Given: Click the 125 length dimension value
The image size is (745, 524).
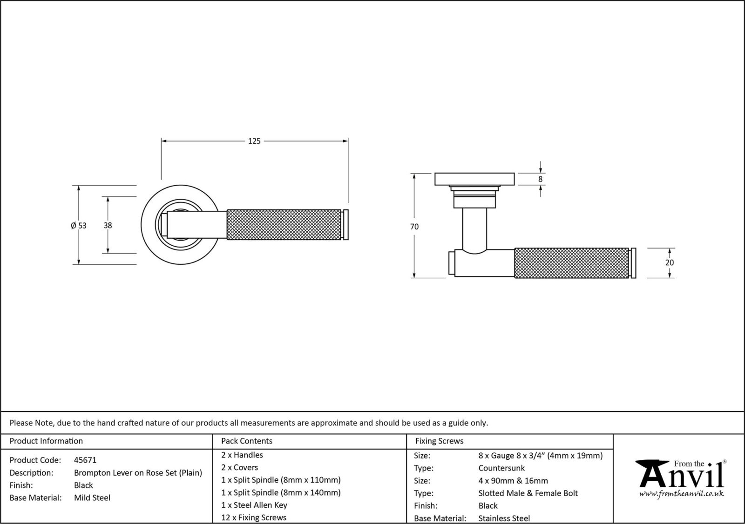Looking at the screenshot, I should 254,141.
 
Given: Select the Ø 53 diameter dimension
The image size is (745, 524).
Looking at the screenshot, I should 79,226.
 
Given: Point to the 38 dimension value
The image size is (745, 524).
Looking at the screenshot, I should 108,225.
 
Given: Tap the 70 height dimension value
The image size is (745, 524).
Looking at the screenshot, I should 414,227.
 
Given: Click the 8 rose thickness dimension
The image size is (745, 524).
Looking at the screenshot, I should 540,179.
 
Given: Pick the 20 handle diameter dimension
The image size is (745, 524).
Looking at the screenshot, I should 670,262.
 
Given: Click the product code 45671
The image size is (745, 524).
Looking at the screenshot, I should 85,460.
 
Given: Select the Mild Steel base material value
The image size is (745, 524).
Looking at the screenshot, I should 92,497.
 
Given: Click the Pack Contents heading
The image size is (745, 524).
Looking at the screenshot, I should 247,441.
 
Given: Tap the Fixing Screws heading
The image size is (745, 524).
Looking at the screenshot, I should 439,441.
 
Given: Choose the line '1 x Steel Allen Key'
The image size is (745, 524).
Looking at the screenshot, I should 254,505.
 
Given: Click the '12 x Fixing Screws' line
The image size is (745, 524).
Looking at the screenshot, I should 254,517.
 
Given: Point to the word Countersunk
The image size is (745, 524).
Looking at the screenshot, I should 501,468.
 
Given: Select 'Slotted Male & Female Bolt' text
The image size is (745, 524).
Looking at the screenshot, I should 528,493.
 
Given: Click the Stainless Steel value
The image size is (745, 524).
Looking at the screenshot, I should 504,518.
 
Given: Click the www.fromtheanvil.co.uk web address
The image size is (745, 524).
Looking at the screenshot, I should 682,493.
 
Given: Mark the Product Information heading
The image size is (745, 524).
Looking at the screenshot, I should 46,441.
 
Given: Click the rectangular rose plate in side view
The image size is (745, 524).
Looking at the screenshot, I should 474,179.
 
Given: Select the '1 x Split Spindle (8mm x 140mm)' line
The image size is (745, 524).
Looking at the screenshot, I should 281,492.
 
